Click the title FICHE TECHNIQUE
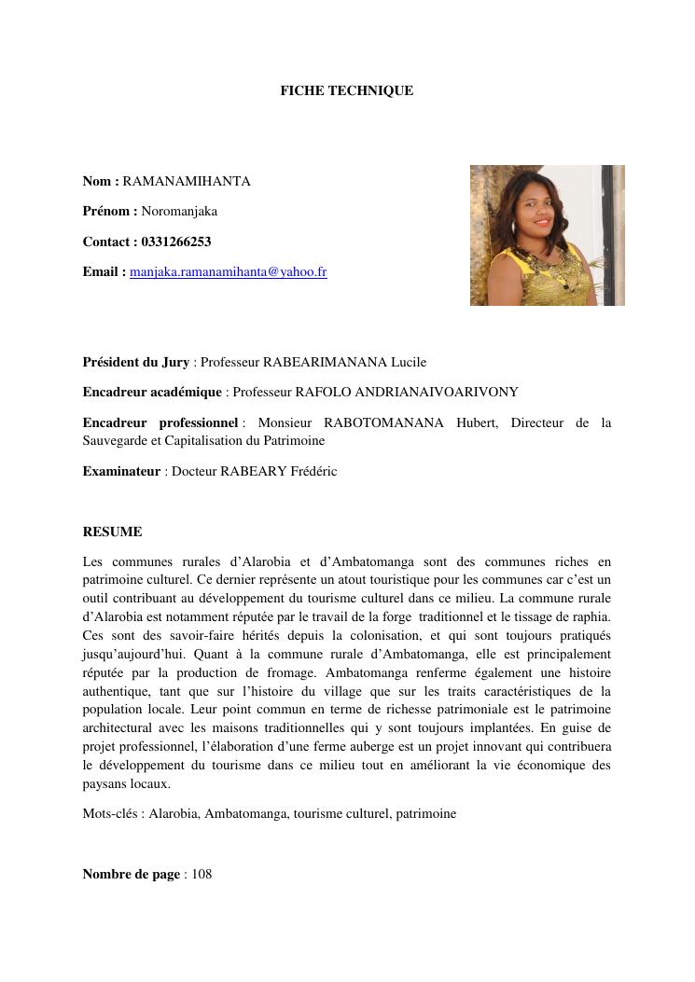click(346, 90)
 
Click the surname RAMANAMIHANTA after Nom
click(187, 181)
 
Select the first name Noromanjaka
click(179, 211)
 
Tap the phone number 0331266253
click(176, 242)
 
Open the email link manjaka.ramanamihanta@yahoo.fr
click(229, 272)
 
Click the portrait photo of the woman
click(547, 235)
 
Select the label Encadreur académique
click(152, 392)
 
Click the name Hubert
click(477, 422)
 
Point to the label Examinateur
click(121, 471)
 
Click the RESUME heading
click(112, 532)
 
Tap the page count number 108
click(202, 874)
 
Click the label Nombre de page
click(131, 874)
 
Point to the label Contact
click(107, 242)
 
